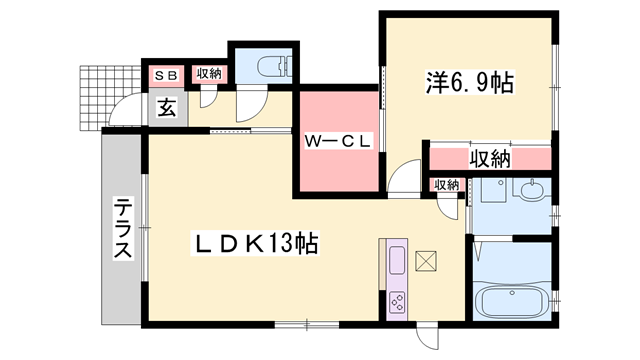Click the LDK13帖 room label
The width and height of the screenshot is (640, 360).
255,244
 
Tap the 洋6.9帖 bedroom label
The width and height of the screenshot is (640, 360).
470,83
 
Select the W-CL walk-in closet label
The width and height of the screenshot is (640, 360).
338,142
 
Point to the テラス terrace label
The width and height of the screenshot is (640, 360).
123,228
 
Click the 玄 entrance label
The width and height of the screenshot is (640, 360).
167,108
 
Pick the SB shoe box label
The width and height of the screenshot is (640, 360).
167,76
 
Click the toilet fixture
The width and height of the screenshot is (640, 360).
275,65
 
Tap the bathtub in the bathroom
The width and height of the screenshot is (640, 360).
513,301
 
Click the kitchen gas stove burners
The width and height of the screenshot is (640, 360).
397,303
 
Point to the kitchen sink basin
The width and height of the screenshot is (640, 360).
396,261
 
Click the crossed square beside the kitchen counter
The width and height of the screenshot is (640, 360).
425,261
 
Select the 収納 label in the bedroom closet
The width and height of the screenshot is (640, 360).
489,159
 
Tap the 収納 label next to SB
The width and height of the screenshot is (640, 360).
209,74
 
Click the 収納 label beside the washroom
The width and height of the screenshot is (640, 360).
446,185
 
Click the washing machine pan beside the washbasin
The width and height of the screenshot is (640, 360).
494,190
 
